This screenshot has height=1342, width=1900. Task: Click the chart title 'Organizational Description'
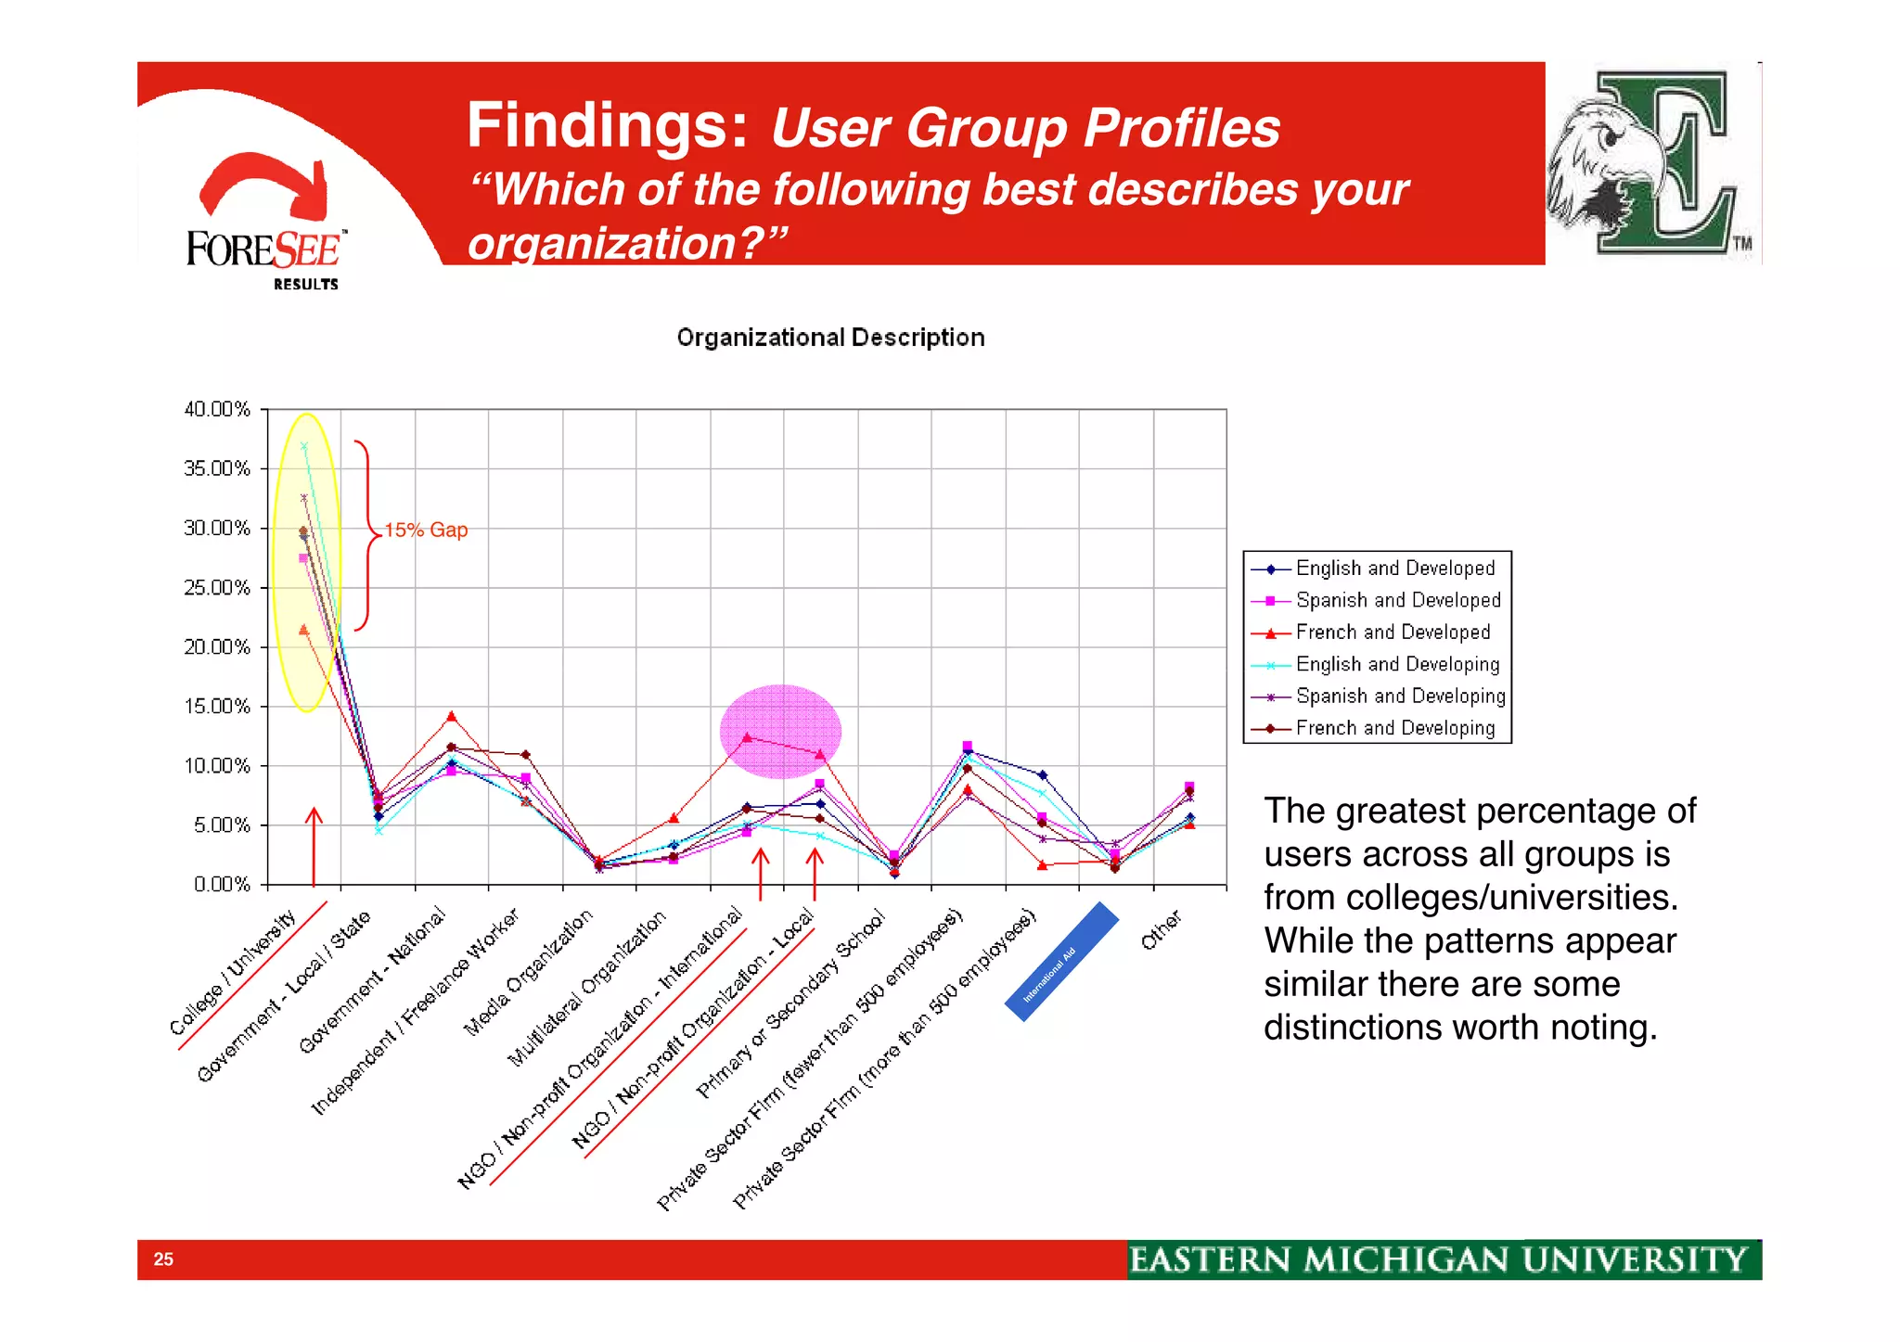(830, 338)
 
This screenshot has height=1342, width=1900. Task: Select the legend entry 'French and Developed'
(1392, 633)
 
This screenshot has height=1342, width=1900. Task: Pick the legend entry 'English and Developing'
(1396, 664)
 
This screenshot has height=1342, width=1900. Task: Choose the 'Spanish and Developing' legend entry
(1399, 697)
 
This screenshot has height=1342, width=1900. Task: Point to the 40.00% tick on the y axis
(217, 409)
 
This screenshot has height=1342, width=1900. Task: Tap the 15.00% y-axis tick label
(217, 707)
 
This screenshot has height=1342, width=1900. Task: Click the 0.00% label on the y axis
(222, 885)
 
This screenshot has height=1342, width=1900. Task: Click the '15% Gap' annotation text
(426, 530)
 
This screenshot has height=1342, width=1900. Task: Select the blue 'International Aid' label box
(1061, 962)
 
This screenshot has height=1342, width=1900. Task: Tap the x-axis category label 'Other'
(1161, 929)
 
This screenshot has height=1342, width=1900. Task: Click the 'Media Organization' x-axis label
(528, 972)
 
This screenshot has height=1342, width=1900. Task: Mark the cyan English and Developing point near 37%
(303, 446)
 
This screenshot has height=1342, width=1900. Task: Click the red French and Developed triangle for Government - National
(452, 716)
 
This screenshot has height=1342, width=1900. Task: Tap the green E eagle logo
(1651, 163)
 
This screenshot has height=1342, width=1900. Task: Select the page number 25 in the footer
(163, 1259)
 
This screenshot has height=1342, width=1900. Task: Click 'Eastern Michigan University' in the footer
(1438, 1260)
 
